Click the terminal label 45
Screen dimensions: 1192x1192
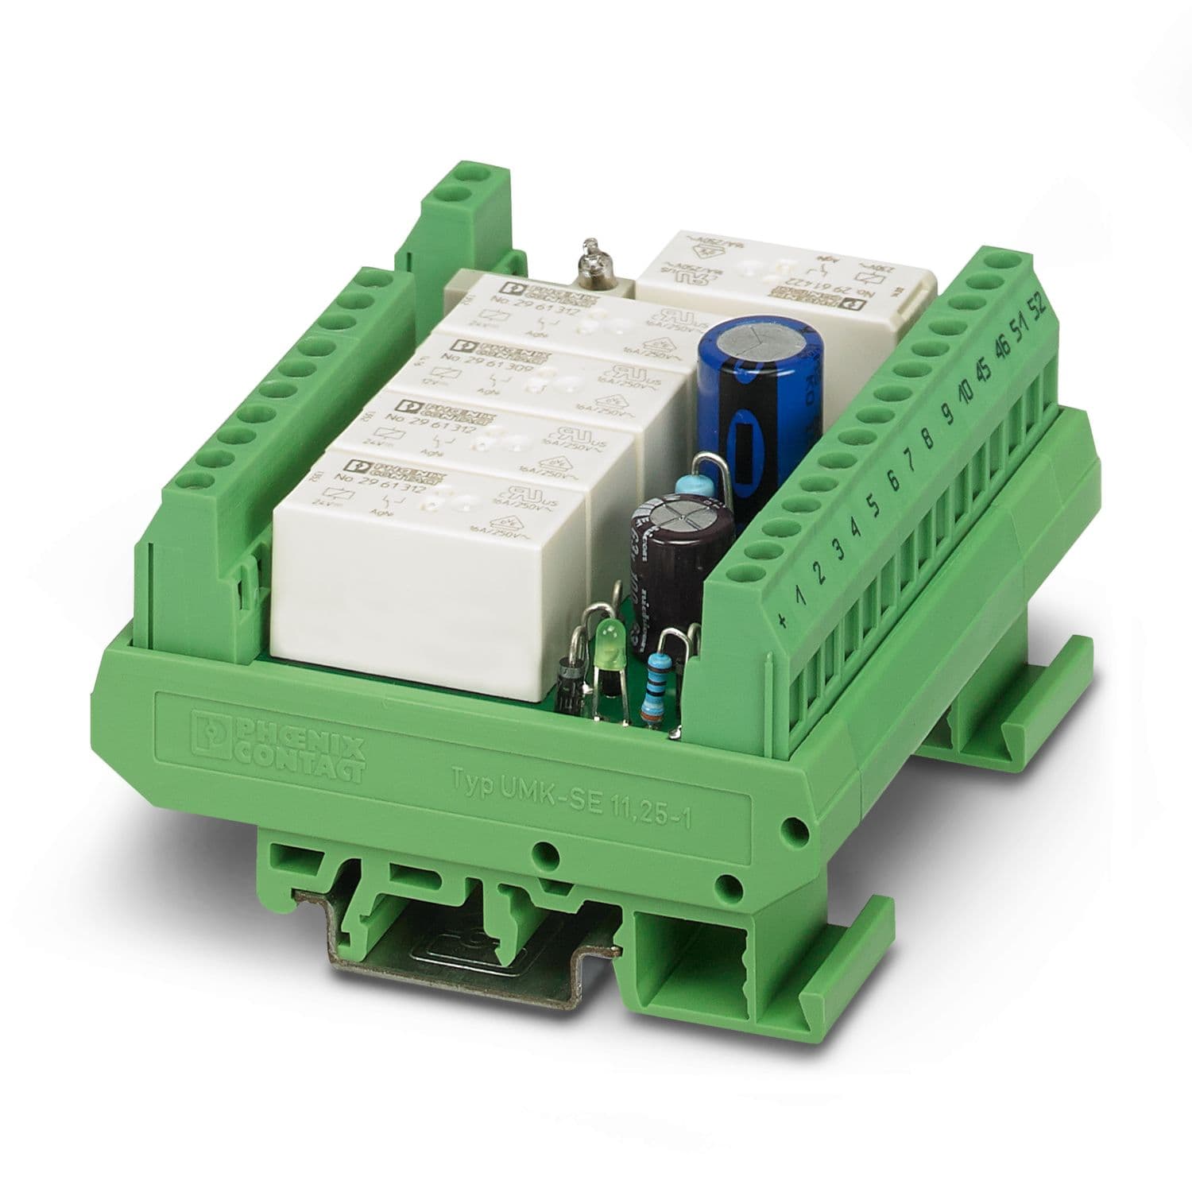click(x=983, y=372)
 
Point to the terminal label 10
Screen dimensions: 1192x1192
click(x=966, y=393)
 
